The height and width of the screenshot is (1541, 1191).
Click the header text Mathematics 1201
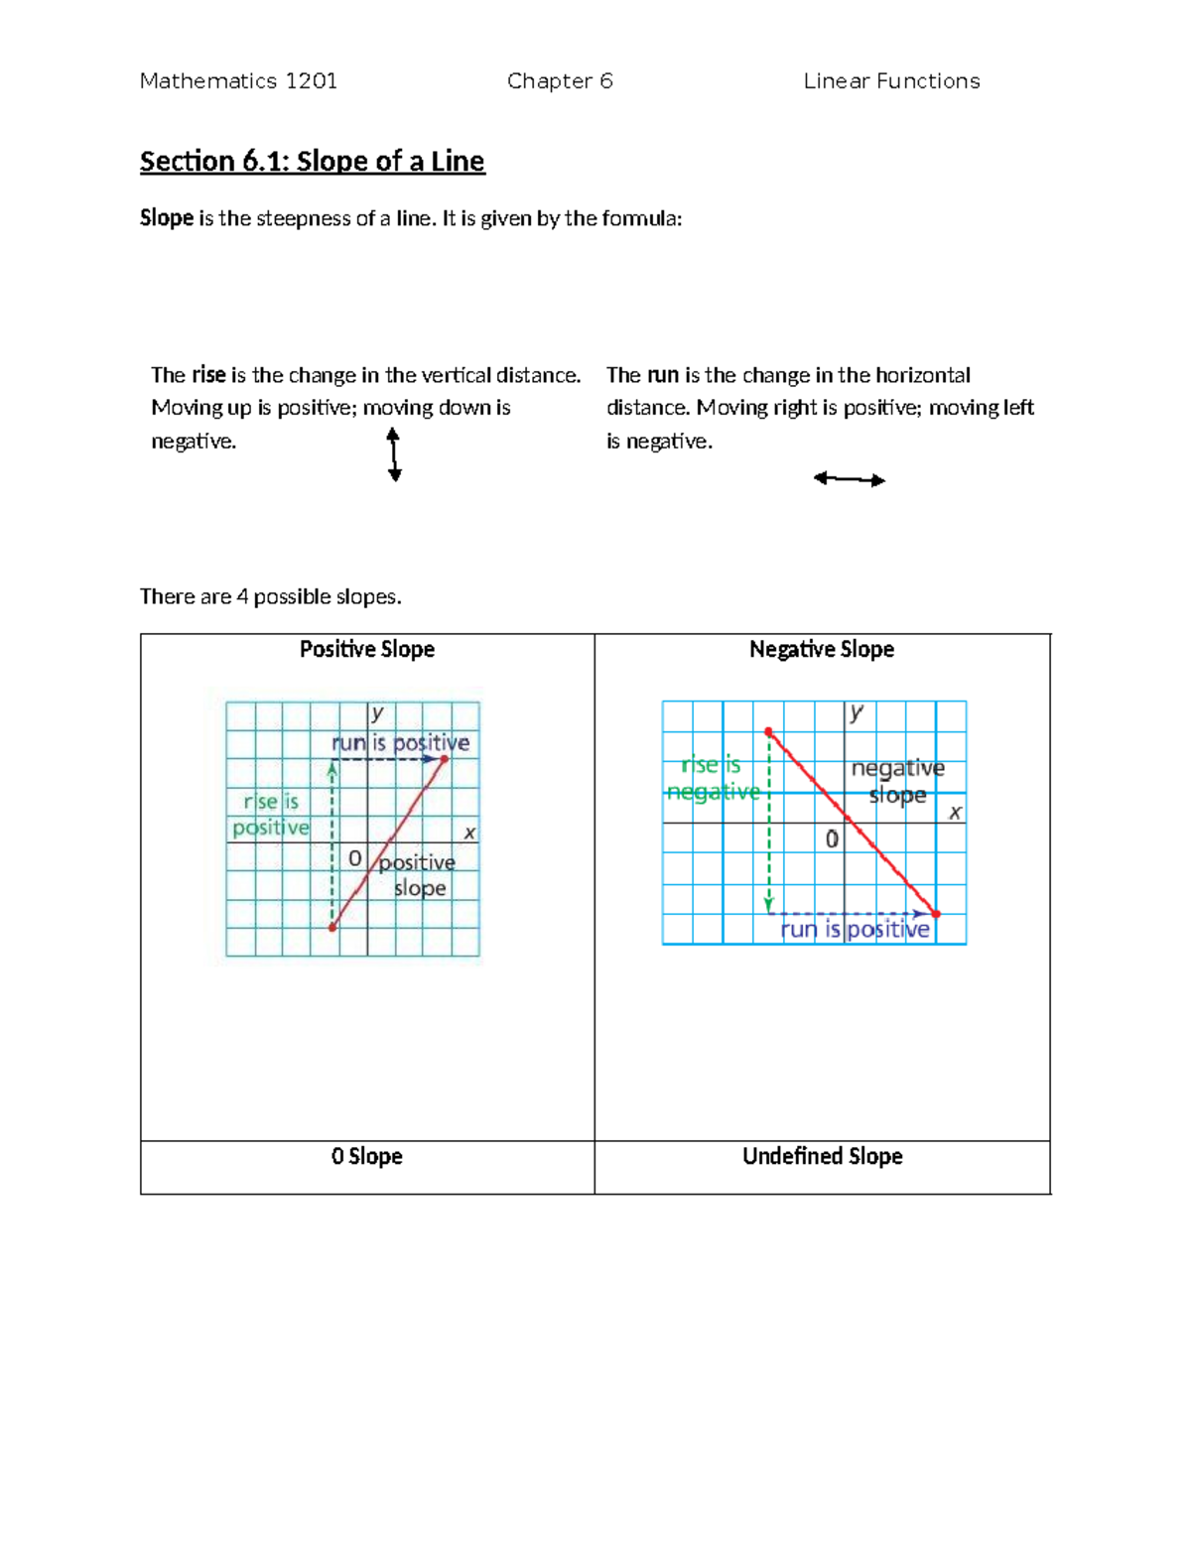tap(238, 81)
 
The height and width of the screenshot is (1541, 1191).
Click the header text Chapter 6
tap(560, 81)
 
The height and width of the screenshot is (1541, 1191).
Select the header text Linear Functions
tap(891, 81)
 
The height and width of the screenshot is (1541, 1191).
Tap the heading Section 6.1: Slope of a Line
tap(312, 161)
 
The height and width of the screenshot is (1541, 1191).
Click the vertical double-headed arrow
tap(394, 454)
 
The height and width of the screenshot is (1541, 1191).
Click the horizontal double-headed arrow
tap(849, 479)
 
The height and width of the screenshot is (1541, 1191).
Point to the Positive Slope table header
tap(367, 649)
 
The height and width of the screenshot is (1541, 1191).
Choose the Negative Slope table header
tap(822, 649)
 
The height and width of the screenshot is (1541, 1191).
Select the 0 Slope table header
tap(367, 1156)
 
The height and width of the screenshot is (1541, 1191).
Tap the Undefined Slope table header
tap(822, 1156)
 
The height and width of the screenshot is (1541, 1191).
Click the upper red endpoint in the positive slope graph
tap(444, 759)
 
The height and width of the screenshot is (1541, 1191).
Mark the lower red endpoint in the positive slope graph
tap(332, 928)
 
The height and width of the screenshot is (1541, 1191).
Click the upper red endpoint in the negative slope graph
tap(768, 732)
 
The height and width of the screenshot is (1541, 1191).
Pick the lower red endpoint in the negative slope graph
tap(935, 914)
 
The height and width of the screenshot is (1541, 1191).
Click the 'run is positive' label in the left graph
tap(400, 742)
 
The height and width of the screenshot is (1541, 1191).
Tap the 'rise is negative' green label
tap(713, 778)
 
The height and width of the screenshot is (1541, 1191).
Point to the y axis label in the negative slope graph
tap(857, 711)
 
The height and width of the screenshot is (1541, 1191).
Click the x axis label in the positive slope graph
tap(469, 834)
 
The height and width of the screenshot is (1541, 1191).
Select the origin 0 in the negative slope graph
tap(832, 839)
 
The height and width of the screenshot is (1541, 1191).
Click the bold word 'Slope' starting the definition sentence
tap(166, 218)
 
